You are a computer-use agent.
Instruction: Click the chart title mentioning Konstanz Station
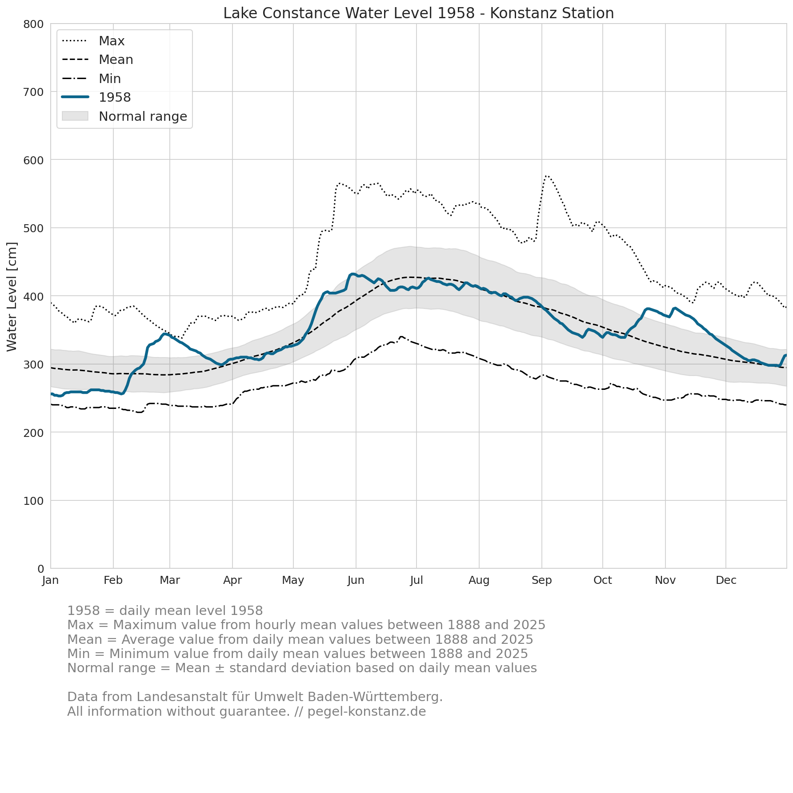pyautogui.click(x=418, y=13)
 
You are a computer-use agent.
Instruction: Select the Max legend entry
pyautogui.click(x=93, y=41)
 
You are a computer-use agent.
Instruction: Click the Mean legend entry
pyautogui.click(x=97, y=59)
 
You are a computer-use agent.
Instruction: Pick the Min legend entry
pyautogui.click(x=91, y=79)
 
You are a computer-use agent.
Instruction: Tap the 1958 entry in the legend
pyautogui.click(x=96, y=97)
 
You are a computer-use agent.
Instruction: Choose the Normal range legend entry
pyautogui.click(x=124, y=116)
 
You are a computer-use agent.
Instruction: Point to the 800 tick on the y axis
pyautogui.click(x=34, y=24)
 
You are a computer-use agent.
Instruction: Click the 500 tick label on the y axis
pyautogui.click(x=34, y=228)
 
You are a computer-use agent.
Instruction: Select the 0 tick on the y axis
pyautogui.click(x=41, y=569)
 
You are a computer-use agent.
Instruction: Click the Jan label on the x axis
pyautogui.click(x=51, y=580)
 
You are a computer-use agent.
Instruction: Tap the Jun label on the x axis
pyautogui.click(x=356, y=580)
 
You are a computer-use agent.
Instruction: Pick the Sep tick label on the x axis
pyautogui.click(x=542, y=580)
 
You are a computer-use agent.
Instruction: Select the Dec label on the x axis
pyautogui.click(x=726, y=580)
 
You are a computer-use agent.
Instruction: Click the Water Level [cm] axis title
pyautogui.click(x=12, y=297)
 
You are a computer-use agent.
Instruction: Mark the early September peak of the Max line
pyautogui.click(x=546, y=176)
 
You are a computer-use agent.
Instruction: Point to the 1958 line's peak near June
pyautogui.click(x=352, y=274)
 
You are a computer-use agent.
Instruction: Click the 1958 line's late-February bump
pyautogui.click(x=165, y=333)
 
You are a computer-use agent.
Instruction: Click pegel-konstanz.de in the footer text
pyautogui.click(x=367, y=712)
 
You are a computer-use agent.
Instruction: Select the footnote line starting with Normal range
pyautogui.click(x=302, y=668)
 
